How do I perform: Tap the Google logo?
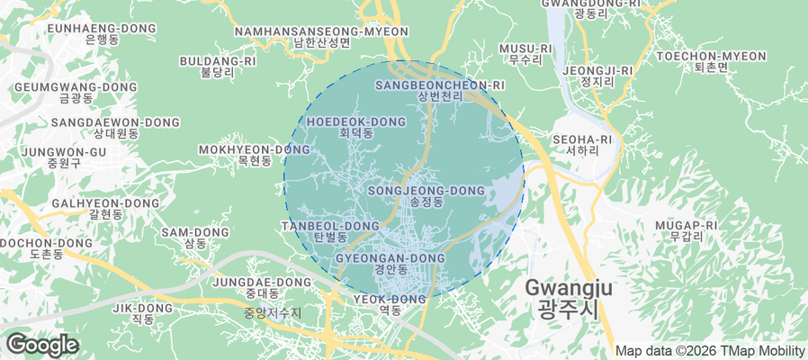pos(41,344)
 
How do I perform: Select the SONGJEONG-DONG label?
pos(426,196)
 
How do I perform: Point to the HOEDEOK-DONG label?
pos(356,126)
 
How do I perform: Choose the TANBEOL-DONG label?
pos(330,230)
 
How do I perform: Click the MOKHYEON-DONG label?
pos(254,155)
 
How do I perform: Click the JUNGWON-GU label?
pos(65,157)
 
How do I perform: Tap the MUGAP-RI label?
pos(686,230)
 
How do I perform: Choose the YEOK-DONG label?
pos(390,304)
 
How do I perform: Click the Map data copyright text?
pos(710,351)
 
